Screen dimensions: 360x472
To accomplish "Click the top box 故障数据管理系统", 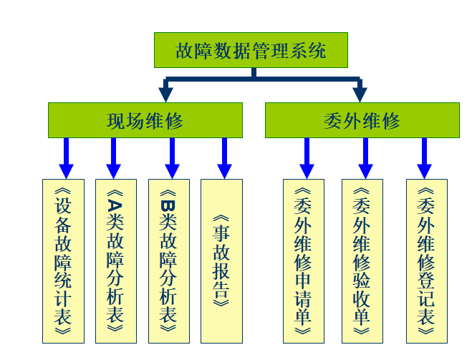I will pos(251,50).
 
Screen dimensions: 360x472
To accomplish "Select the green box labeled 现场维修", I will pos(145,120).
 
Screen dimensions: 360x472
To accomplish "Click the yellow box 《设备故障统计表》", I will pos(63,261).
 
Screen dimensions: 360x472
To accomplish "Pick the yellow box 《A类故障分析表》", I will pos(115,261).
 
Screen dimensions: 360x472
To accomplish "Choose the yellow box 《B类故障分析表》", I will pos(169,261).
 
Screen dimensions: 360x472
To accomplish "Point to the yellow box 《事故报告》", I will pos(222,261).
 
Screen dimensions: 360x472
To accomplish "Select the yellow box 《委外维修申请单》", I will pos(304,261).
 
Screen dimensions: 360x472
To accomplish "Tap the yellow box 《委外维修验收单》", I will pos(362,261).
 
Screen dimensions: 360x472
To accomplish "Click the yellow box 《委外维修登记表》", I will pos(426,261).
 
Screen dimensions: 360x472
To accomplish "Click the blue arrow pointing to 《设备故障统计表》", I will pos(66,158).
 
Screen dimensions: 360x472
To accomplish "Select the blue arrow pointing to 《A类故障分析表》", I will pos(113,158).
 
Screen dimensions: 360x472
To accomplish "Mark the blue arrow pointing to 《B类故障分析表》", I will pos(172,158).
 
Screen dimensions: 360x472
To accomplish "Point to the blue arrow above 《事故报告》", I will pos(224,158).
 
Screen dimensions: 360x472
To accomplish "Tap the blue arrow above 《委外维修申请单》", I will pos(307,158).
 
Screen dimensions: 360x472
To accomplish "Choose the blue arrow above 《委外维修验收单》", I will pos(365,158).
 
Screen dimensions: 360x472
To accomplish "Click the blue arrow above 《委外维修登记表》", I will pos(424,158).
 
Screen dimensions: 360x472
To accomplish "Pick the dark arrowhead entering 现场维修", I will pos(166,94).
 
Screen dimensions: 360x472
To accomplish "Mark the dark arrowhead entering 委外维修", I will pos(360,94).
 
